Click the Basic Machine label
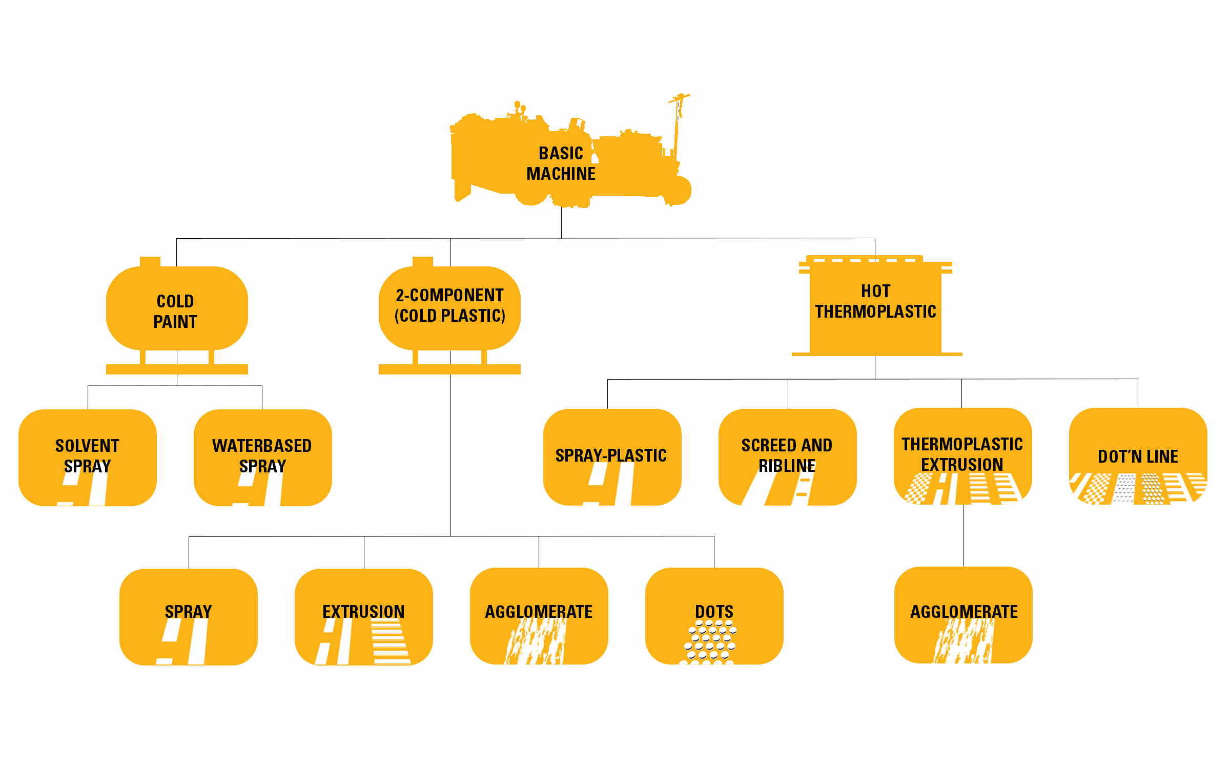561,163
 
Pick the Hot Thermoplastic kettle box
875,307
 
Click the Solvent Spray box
87,456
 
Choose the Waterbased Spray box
262,456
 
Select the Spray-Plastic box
612,456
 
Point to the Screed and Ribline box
787,456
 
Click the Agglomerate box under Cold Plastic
539,615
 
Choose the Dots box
714,615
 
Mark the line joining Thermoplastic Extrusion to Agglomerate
963,535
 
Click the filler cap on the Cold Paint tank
150,262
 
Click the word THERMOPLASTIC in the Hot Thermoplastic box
875,312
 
